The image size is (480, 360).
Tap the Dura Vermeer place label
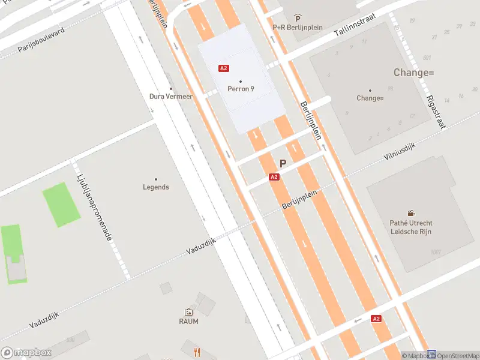(171, 96)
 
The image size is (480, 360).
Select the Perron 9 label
(241, 89)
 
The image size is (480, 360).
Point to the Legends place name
(156, 187)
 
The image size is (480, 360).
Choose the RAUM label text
(188, 321)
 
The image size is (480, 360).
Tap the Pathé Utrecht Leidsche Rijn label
(410, 227)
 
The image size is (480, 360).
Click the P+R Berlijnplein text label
(298, 27)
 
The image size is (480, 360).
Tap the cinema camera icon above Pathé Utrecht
(411, 213)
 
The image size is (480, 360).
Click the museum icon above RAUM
(188, 312)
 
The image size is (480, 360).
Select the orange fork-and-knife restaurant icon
(196, 352)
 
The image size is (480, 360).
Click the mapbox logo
(26, 352)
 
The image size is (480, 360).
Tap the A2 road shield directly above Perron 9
(224, 68)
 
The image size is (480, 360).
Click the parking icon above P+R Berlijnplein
(298, 19)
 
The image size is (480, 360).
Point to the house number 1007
(436, 252)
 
